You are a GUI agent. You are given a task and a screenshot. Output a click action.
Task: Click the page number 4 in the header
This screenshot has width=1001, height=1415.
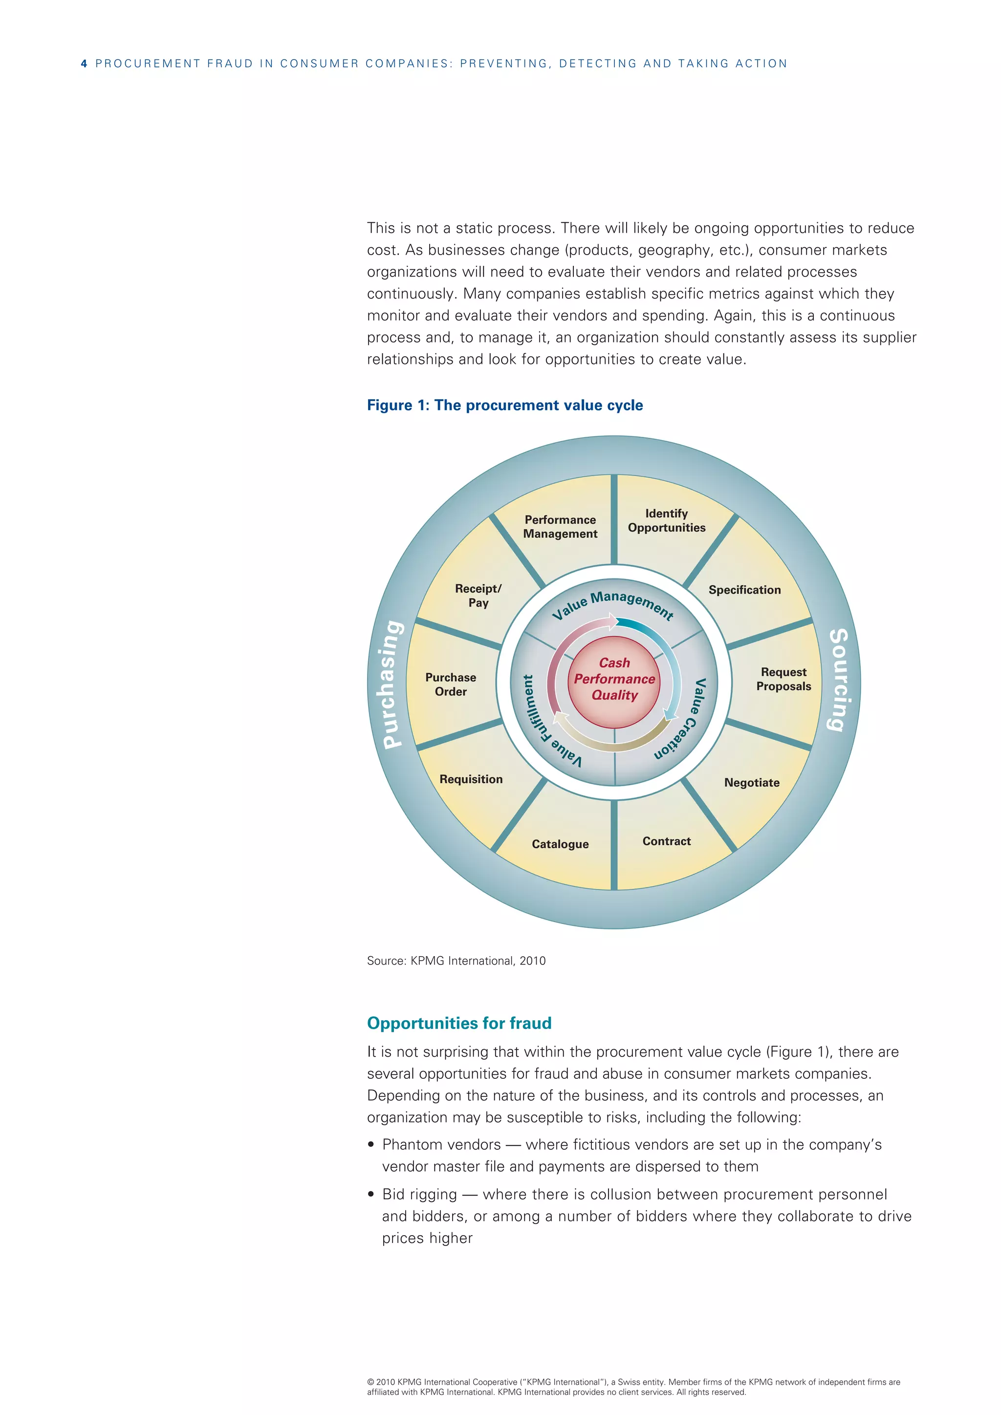(x=84, y=64)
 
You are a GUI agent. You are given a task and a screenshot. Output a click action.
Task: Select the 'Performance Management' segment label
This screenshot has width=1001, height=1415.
(x=560, y=527)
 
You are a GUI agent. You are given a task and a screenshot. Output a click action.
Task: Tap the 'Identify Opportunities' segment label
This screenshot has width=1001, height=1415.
(x=666, y=521)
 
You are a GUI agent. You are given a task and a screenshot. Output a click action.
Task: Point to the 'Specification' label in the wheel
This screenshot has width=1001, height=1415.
(x=744, y=590)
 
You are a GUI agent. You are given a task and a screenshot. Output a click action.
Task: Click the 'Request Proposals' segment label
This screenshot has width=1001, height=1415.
(x=783, y=679)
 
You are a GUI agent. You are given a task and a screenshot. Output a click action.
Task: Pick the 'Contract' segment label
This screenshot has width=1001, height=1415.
(x=666, y=841)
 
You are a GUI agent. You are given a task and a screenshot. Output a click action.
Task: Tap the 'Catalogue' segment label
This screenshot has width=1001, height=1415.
(x=560, y=844)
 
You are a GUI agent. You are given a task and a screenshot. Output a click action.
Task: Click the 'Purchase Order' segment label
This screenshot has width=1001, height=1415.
(x=451, y=685)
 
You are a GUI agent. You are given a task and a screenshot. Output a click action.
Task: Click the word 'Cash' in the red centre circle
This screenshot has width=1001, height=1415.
(x=614, y=663)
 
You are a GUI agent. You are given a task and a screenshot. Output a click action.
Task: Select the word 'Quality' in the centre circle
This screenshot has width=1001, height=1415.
(x=614, y=695)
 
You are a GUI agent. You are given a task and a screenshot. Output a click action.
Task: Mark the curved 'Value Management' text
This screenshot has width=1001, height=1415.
(x=613, y=604)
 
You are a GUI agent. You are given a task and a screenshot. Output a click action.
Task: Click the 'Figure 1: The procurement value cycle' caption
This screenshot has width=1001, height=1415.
(x=505, y=406)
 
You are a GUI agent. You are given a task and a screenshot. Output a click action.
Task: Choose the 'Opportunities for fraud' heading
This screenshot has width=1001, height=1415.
(x=459, y=1024)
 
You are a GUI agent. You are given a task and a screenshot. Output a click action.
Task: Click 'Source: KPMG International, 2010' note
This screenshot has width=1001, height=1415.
(x=456, y=961)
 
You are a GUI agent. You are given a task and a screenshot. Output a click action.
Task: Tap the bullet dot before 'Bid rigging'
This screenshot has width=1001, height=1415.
(x=371, y=1194)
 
